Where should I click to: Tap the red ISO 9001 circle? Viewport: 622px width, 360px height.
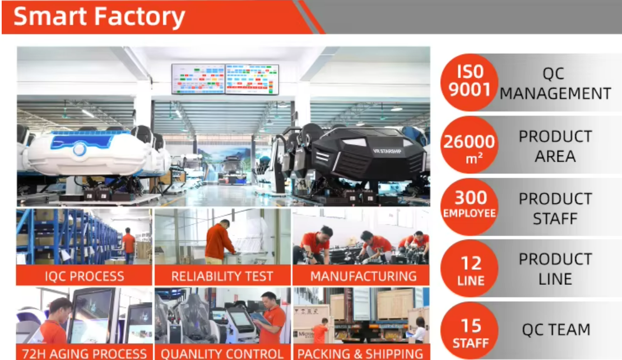pyautogui.click(x=470, y=82)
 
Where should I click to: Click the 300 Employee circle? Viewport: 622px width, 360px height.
pyautogui.click(x=470, y=206)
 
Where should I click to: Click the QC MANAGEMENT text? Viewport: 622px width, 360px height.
pyautogui.click(x=555, y=83)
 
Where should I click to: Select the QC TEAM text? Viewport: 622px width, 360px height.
pyautogui.click(x=556, y=330)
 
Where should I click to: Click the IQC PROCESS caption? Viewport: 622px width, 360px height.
pyautogui.click(x=85, y=276)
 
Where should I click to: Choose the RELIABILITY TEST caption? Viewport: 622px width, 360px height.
pyautogui.click(x=222, y=276)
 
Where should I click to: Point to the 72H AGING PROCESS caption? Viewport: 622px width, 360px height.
pyautogui.click(x=85, y=353)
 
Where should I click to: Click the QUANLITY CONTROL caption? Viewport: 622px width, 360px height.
pyautogui.click(x=222, y=353)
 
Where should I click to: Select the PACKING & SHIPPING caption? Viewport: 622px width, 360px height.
pyautogui.click(x=360, y=353)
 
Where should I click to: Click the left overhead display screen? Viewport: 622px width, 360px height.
pyautogui.click(x=198, y=79)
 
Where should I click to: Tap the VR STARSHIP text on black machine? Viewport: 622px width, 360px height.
pyautogui.click(x=385, y=150)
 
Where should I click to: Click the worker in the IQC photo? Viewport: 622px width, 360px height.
pyautogui.click(x=129, y=246)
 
